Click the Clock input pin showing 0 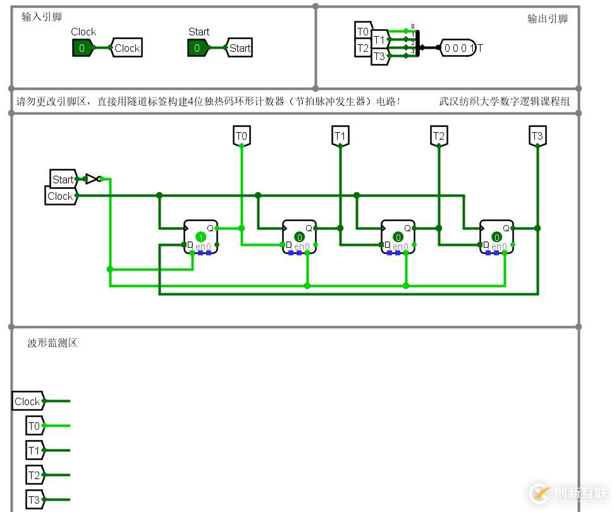point(82,48)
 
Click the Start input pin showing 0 point(197,48)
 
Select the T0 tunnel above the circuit point(242,136)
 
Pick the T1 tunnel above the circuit point(340,136)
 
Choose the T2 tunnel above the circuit point(439,136)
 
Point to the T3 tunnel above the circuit point(537,136)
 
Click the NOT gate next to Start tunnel point(92,179)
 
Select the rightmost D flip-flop point(496,237)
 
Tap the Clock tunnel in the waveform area point(28,401)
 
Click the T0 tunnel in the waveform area point(34,426)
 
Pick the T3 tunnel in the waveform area point(34,500)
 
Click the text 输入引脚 point(42,17)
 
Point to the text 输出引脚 point(548,18)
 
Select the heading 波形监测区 point(52,343)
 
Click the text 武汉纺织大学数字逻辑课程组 point(504,101)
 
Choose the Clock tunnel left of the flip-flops point(61,196)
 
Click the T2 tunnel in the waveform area point(34,475)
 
